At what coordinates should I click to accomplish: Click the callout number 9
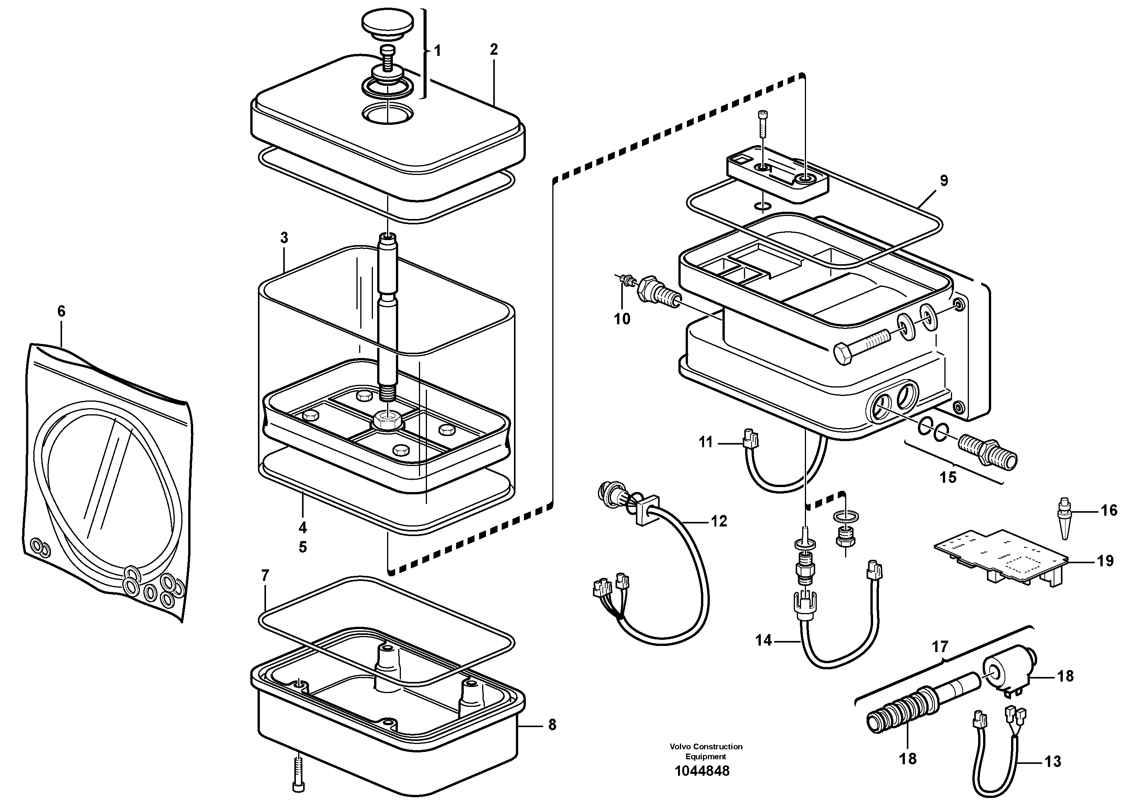[x=944, y=181]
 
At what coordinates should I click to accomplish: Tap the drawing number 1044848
[x=702, y=771]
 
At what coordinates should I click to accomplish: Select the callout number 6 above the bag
[x=61, y=311]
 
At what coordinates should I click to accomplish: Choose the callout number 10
[x=622, y=319]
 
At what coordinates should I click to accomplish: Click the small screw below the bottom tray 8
[x=298, y=772]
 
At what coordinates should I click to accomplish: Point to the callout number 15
[x=948, y=477]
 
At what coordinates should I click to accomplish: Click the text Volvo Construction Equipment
[x=706, y=751]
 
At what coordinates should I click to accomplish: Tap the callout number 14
[x=763, y=641]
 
